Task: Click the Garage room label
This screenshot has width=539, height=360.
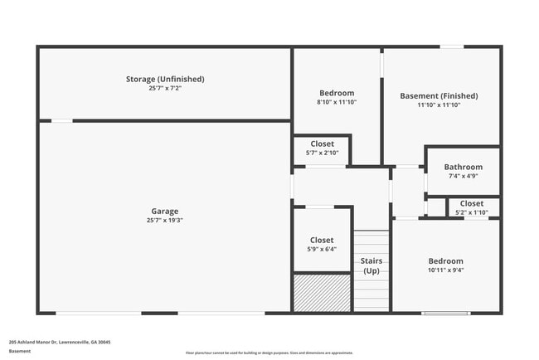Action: (x=164, y=211)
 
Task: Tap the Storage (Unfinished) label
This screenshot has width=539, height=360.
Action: (x=165, y=79)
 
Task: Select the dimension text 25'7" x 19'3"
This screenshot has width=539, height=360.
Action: (x=164, y=221)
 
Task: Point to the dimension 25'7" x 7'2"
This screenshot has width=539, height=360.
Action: (x=165, y=88)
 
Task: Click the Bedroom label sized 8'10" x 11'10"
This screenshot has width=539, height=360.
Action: (x=337, y=93)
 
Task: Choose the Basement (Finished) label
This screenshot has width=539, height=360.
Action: (x=439, y=95)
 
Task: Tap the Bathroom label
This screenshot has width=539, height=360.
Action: (x=463, y=167)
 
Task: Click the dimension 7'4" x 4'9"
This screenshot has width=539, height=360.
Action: (x=463, y=176)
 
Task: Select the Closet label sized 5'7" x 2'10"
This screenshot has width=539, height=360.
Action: (x=322, y=144)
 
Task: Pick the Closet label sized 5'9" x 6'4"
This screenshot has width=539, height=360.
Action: (x=322, y=240)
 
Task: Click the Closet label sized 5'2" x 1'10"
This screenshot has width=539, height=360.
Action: (x=472, y=203)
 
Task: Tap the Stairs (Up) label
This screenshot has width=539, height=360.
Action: (x=371, y=265)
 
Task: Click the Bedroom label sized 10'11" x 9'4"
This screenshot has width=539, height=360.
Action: (x=445, y=260)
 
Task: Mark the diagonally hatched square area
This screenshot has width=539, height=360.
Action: (x=322, y=293)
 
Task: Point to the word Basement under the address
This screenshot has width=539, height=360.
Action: (x=20, y=351)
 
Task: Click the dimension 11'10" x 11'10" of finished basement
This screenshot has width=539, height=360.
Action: (x=439, y=105)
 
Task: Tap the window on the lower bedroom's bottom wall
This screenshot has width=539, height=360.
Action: (x=446, y=313)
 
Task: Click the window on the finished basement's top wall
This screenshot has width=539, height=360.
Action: (x=451, y=47)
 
